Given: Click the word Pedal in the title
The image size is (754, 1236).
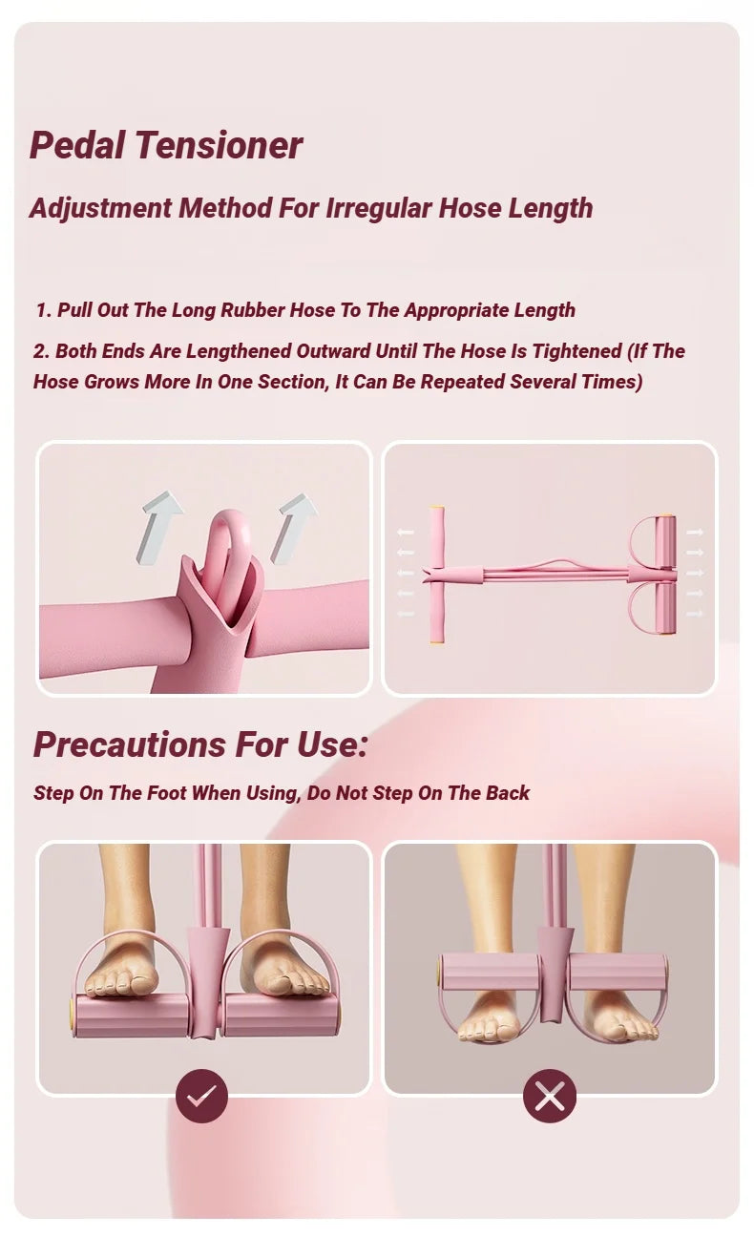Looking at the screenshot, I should [x=78, y=145].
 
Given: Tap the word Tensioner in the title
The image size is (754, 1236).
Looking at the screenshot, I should [x=219, y=145].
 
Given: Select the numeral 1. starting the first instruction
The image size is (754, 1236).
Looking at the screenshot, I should [x=43, y=310].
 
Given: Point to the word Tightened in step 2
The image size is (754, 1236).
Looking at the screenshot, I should [x=576, y=351].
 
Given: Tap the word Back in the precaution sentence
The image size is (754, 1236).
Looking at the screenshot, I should [x=508, y=793].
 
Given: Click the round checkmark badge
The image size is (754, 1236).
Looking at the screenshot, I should [x=201, y=1097].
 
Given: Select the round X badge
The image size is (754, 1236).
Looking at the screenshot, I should [x=550, y=1097].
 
